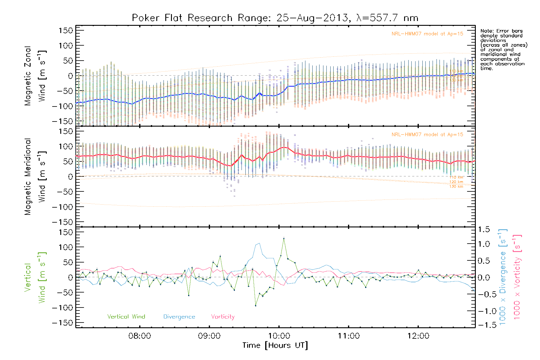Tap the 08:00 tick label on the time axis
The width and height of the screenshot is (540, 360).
pyautogui.click(x=139, y=336)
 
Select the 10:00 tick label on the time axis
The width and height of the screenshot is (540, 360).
pyautogui.click(x=279, y=336)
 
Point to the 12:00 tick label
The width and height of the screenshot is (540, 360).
pyautogui.click(x=418, y=336)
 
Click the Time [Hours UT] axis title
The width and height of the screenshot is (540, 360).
pyautogui.click(x=275, y=346)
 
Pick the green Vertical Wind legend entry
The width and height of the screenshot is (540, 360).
pyautogui.click(x=126, y=317)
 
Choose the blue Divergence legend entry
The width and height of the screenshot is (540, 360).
pyautogui.click(x=179, y=317)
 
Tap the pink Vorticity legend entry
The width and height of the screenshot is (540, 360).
pyautogui.click(x=223, y=317)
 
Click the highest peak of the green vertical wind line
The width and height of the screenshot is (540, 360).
pyautogui.click(x=284, y=238)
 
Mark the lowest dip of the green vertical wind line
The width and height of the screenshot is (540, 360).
pyautogui.click(x=256, y=306)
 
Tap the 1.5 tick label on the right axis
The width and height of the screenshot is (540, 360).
pyautogui.click(x=484, y=229)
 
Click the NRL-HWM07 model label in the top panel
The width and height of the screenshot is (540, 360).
pyautogui.click(x=427, y=34)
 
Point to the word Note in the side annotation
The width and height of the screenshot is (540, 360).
pyautogui.click(x=486, y=31)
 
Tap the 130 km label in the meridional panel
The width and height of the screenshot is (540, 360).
pyautogui.click(x=456, y=187)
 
